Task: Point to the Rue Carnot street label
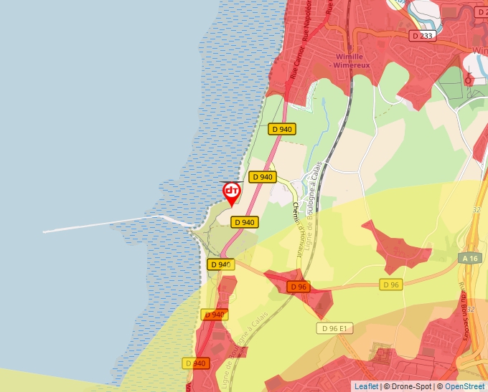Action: coord(298,63)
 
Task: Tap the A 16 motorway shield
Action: coord(470,258)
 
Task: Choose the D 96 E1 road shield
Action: coord(335,328)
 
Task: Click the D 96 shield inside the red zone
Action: coord(298,287)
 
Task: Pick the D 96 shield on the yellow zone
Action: coord(390,285)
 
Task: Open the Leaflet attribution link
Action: coord(366,386)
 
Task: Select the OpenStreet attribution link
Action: coord(464,386)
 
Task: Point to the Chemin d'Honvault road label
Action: coord(295,217)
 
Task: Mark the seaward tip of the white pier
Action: coord(44,231)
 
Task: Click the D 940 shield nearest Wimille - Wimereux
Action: coord(282,129)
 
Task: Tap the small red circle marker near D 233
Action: coord(468,81)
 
